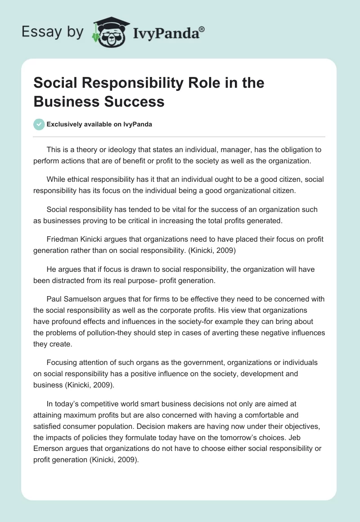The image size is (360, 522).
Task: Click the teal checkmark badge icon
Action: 39,124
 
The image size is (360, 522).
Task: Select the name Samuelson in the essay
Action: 85,299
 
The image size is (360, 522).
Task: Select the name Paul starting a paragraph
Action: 55,299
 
